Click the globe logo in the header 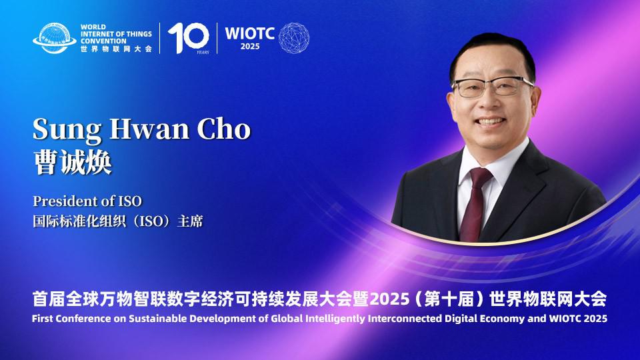point(55,38)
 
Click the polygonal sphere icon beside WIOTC point(294,38)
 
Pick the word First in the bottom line point(44,319)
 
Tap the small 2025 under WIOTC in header point(249,46)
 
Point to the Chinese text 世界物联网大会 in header point(116,49)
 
